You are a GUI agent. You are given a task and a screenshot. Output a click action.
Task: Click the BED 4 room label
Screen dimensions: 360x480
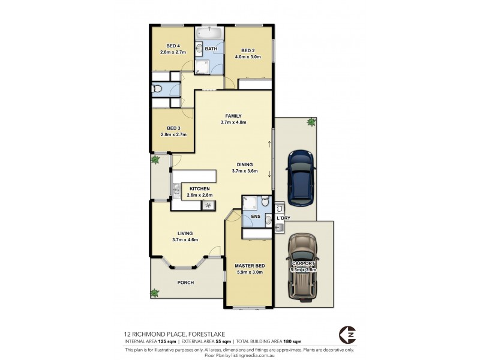(x=173, y=46)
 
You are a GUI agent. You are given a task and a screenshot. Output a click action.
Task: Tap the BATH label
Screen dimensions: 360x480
(x=211, y=49)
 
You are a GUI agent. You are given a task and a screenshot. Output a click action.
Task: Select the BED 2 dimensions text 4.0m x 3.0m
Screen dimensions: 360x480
(x=248, y=58)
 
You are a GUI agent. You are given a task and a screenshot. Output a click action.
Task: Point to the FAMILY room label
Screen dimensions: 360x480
(x=233, y=116)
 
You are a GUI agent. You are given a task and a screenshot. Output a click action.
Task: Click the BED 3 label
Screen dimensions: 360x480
(x=173, y=128)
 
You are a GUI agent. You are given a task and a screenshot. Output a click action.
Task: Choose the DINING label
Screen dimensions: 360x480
(x=244, y=164)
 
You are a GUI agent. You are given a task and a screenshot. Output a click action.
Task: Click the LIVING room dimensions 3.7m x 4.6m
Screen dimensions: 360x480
(x=185, y=240)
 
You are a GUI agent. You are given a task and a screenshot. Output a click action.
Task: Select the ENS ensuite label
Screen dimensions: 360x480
(x=255, y=216)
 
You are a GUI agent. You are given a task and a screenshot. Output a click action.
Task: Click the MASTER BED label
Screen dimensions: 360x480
(x=247, y=266)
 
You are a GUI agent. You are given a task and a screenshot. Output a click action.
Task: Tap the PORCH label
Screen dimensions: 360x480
(x=185, y=283)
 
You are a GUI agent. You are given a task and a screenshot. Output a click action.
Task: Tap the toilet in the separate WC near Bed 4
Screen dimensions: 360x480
(x=157, y=89)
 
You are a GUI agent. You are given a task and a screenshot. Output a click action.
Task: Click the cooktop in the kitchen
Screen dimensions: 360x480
(x=208, y=205)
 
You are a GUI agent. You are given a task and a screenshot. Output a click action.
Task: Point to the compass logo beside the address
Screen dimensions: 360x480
(x=347, y=334)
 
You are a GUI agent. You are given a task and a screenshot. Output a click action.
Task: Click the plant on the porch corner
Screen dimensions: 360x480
(x=155, y=293)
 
